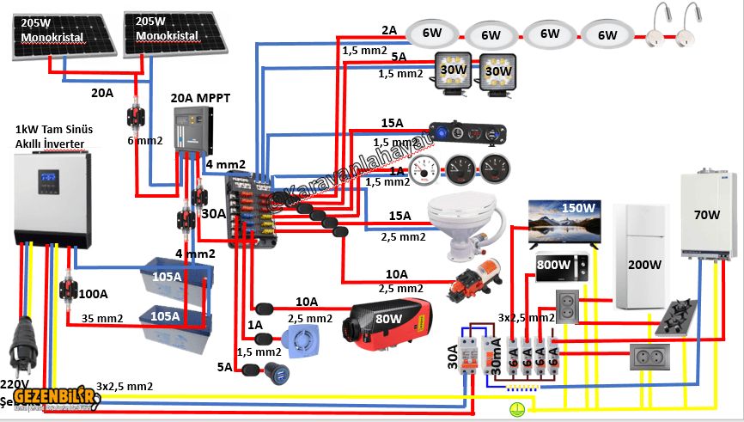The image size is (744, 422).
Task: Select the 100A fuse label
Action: click(95, 294)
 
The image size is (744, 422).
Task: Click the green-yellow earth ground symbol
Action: click(517, 410)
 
